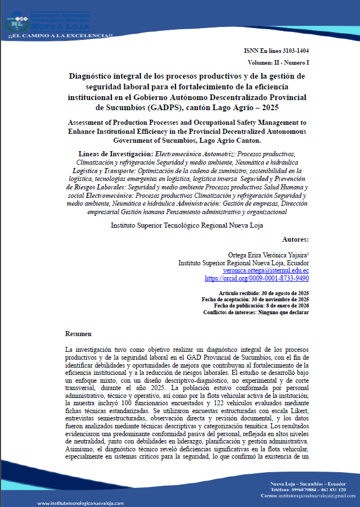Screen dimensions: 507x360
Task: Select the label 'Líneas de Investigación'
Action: (106, 153)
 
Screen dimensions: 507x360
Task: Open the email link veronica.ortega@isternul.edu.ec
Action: (258, 270)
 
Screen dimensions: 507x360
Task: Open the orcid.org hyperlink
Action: (256, 278)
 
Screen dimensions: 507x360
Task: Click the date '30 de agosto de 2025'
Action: (285, 293)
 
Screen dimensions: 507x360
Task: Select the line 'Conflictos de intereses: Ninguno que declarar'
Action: (255, 312)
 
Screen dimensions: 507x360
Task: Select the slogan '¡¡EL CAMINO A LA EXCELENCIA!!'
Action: (60, 36)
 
